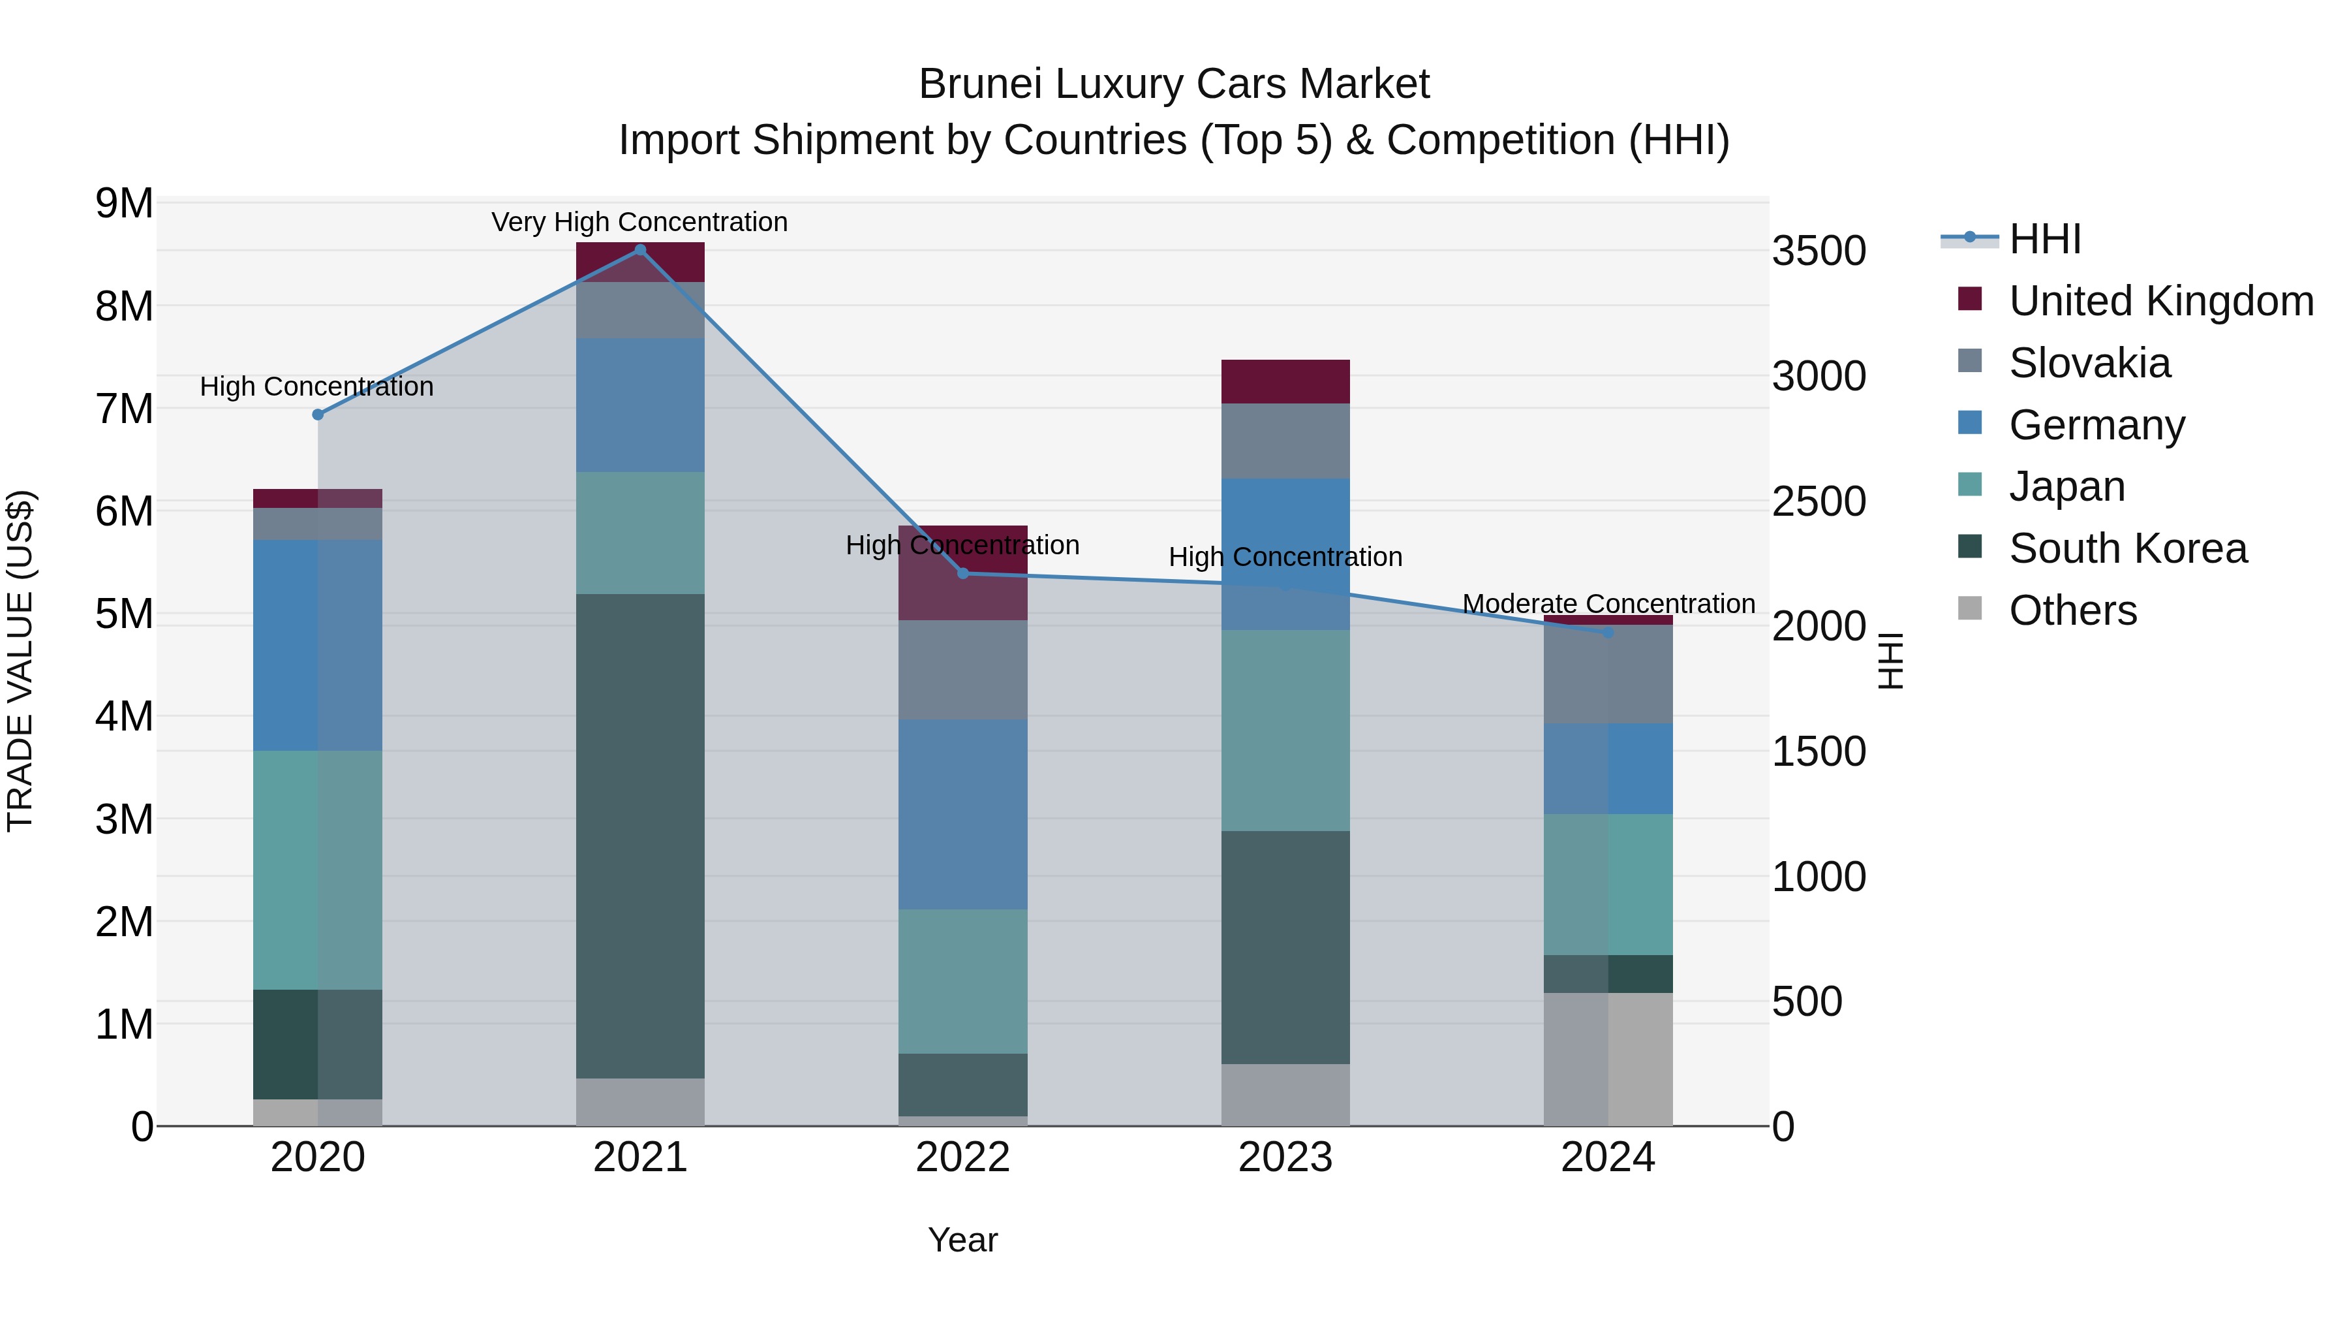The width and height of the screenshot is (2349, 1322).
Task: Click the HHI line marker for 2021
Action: (x=640, y=250)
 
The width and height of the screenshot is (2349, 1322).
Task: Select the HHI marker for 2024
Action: (x=1608, y=632)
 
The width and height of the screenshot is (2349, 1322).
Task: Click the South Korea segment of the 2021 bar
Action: (x=640, y=835)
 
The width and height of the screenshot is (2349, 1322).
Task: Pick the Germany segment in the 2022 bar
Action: (x=963, y=814)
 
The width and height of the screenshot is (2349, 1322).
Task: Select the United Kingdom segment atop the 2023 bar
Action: (x=1285, y=381)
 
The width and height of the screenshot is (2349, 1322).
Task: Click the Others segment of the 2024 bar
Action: (x=1608, y=1058)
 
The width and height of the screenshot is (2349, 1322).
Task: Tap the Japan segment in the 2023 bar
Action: (x=1285, y=730)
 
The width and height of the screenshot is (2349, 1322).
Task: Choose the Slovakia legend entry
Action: (x=2089, y=363)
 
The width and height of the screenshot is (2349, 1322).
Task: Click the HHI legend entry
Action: (x=2044, y=239)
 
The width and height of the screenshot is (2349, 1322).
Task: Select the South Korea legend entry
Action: (x=2127, y=548)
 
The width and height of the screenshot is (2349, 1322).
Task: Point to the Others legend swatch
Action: (x=1970, y=608)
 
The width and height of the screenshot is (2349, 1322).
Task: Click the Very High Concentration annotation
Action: (x=639, y=222)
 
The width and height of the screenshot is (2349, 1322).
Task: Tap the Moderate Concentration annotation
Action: (x=1608, y=604)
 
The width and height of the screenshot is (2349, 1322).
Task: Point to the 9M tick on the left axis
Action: (x=124, y=204)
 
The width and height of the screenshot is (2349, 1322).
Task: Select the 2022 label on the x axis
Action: (x=963, y=1157)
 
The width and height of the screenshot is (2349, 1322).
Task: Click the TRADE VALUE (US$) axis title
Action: (x=21, y=661)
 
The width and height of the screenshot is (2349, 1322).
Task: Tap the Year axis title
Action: (x=963, y=1240)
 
